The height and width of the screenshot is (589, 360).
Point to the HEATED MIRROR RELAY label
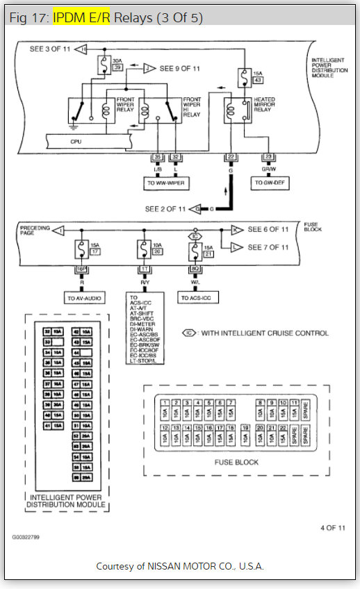click(x=265, y=104)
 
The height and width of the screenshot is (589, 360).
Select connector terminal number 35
click(x=158, y=158)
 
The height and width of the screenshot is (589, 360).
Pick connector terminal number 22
click(x=229, y=158)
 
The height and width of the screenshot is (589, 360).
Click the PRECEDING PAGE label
click(x=35, y=229)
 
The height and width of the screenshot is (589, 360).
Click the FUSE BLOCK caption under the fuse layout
click(x=237, y=462)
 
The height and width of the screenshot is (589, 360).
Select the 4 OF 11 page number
click(x=332, y=527)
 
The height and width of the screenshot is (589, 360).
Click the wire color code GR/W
click(x=267, y=168)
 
